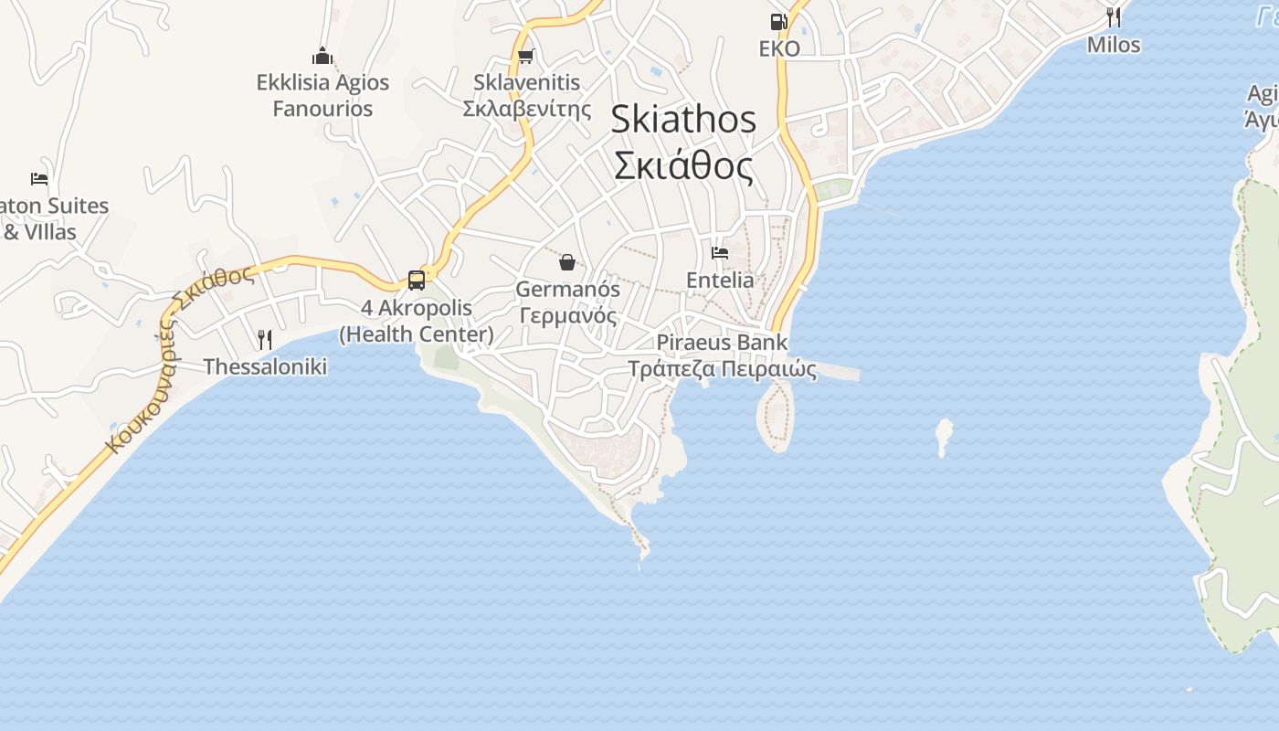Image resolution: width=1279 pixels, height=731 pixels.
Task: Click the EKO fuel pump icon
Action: [x=778, y=22]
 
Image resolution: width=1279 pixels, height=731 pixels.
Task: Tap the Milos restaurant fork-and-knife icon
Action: [x=1114, y=16]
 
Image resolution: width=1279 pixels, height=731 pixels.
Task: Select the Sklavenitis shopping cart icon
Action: [x=525, y=57]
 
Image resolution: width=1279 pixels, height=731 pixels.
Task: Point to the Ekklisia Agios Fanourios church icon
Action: [x=322, y=56]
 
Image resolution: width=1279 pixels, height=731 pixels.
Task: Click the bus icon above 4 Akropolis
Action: [x=417, y=280]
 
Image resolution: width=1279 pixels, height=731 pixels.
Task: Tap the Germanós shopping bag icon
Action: [x=567, y=263]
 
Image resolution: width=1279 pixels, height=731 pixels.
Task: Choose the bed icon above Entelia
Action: [x=720, y=252]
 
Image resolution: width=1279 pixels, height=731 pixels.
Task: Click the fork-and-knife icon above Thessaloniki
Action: [x=265, y=340]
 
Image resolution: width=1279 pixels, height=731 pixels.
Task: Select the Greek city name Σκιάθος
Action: [x=683, y=167]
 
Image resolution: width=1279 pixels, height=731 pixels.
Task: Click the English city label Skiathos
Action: [x=683, y=119]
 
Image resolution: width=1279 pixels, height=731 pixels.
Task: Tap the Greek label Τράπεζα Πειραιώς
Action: [x=722, y=369]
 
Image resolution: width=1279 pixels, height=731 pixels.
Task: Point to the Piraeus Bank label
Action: [x=722, y=344]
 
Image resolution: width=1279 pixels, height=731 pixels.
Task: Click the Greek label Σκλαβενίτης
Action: [x=527, y=109]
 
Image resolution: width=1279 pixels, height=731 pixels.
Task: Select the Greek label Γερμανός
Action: [x=567, y=316]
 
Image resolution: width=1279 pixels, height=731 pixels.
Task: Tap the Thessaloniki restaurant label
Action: [x=265, y=367]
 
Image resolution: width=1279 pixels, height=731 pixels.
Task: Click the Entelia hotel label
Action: [x=720, y=281]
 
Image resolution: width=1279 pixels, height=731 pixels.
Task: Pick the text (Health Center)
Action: [x=417, y=334]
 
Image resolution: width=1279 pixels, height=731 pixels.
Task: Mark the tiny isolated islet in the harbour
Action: [x=944, y=435]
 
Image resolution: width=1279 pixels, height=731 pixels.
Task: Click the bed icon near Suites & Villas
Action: [x=38, y=178]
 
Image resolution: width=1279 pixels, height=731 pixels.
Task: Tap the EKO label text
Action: [x=779, y=49]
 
